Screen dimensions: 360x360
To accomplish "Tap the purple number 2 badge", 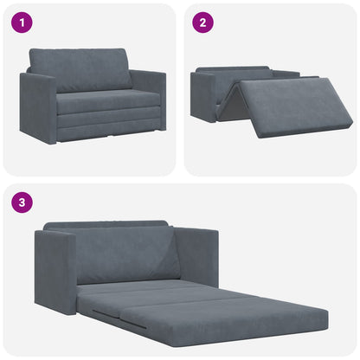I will tap(202, 22).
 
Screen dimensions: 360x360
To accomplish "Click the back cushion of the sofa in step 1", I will tap(80, 69).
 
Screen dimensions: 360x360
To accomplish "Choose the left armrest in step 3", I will tap(55, 271).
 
